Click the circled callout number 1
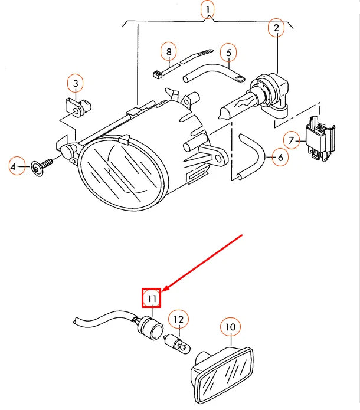click(x=207, y=9)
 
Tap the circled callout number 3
click(x=76, y=84)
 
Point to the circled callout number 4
click(x=18, y=168)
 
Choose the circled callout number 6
click(x=280, y=158)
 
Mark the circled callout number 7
click(x=291, y=140)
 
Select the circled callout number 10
click(x=230, y=326)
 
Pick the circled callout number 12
click(x=178, y=320)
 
